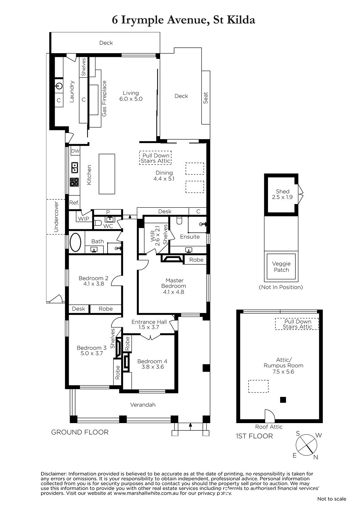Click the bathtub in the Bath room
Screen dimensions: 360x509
75,242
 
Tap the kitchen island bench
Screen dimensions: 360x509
107,174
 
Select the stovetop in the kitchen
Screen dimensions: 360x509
74,182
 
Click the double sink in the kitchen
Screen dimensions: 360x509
74,167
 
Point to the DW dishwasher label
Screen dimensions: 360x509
75,151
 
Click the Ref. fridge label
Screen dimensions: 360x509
74,202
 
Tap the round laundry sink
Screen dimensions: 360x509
59,86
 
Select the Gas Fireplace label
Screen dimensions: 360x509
104,99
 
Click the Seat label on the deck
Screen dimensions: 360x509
206,98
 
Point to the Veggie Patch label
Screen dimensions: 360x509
281,267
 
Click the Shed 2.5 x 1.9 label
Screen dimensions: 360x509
282,194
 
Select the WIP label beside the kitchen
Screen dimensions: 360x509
83,219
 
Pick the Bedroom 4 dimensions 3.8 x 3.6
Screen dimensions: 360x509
152,367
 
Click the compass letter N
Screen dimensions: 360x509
316,457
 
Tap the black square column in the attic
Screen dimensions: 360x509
283,400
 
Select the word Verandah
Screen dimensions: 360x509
143,405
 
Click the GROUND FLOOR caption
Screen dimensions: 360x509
80,432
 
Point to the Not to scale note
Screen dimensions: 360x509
332,499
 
